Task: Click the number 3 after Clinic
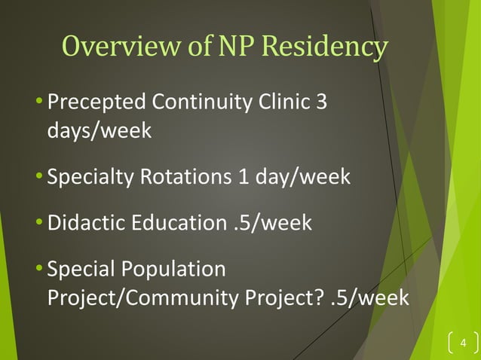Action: [x=322, y=101]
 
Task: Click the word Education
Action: [x=182, y=224]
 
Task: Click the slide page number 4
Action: [x=463, y=345]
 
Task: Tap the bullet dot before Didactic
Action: [x=40, y=224]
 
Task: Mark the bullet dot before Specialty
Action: [x=40, y=178]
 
